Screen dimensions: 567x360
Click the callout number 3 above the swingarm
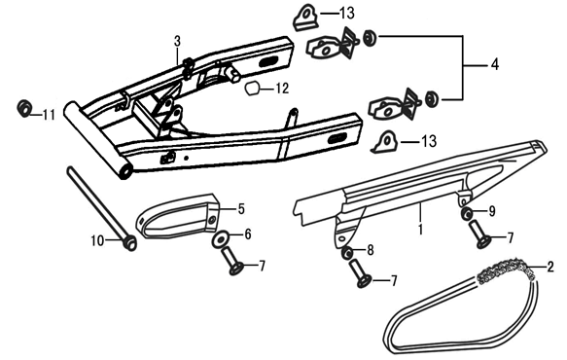pyautogui.click(x=177, y=41)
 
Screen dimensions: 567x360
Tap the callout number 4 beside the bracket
pyautogui.click(x=495, y=65)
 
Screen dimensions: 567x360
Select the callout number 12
pyautogui.click(x=282, y=89)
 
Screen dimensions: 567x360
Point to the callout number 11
pyautogui.click(x=49, y=115)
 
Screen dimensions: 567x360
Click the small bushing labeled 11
pyautogui.click(x=24, y=108)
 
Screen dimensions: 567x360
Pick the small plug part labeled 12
pyautogui.click(x=253, y=89)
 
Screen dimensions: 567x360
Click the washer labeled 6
pyautogui.click(x=221, y=239)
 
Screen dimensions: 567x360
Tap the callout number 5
pyautogui.click(x=241, y=209)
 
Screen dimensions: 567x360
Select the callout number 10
pyautogui.click(x=97, y=240)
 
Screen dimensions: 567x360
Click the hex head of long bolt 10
pyautogui.click(x=129, y=241)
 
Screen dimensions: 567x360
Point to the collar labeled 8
pyautogui.click(x=348, y=252)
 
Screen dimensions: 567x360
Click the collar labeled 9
pyautogui.click(x=467, y=214)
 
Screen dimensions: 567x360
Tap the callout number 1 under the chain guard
pyautogui.click(x=420, y=230)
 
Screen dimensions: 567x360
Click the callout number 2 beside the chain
pyautogui.click(x=550, y=267)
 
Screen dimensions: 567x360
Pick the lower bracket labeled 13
pyautogui.click(x=384, y=141)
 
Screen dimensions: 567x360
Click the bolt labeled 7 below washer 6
pyautogui.click(x=232, y=261)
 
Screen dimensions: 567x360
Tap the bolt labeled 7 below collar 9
pyautogui.click(x=479, y=235)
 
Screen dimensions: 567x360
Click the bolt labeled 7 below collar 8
pyautogui.click(x=360, y=273)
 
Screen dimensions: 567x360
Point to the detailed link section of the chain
pyautogui.click(x=507, y=270)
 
